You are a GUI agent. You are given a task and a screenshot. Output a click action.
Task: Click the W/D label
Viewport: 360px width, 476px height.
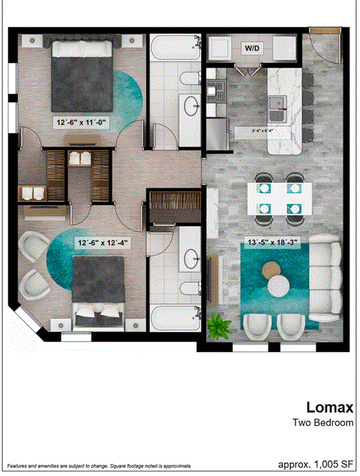coord(250,48)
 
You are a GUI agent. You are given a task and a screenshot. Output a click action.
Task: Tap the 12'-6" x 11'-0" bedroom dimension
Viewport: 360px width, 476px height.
coord(85,120)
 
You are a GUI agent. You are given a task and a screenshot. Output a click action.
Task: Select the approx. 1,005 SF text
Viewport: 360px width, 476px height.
coord(315,464)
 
